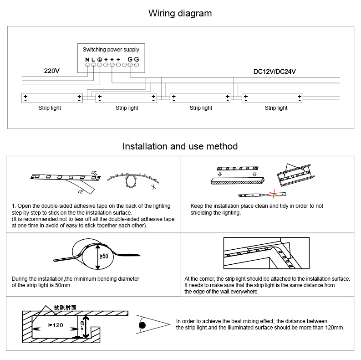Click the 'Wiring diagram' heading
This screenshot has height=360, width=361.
180,13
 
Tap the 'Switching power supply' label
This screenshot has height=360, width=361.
111,49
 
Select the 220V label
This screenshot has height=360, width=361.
52,71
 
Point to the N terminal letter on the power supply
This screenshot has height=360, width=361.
87,59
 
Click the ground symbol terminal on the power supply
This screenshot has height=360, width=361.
99,59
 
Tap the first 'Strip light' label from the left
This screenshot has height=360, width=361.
50,108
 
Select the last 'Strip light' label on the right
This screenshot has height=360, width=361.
276,108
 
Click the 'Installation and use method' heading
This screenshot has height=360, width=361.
180,146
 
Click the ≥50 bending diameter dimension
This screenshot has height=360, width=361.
103,257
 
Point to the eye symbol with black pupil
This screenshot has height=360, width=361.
142,324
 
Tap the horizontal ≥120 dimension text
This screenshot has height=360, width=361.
55,325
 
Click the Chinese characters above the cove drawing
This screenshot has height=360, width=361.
65,307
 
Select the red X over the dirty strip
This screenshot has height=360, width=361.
274,195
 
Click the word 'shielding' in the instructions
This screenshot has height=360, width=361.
202,212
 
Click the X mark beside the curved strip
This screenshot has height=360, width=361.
155,186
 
